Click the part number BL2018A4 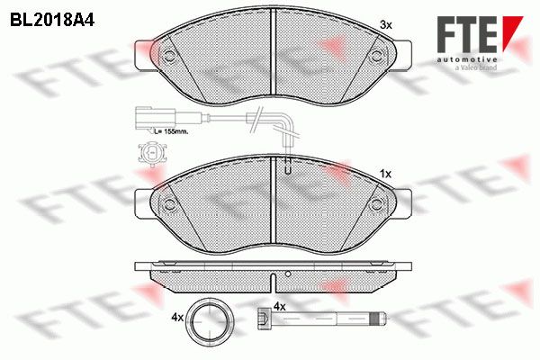click(52, 21)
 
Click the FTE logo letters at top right click(480, 34)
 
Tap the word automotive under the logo click(467, 60)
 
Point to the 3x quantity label click(386, 25)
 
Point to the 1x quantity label click(386, 175)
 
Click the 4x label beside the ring click(177, 318)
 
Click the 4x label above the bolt click(279, 306)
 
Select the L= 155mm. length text click(171, 131)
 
